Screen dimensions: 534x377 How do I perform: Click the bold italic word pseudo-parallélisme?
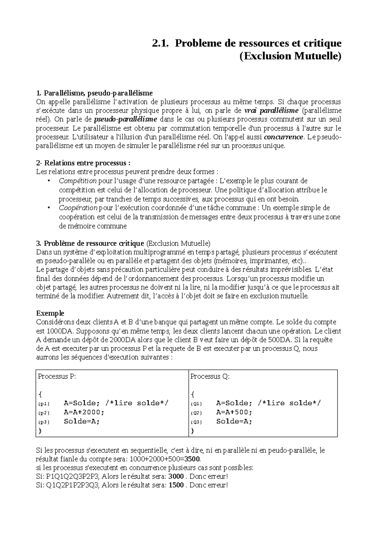pos(126,120)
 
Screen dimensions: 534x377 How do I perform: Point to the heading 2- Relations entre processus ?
pos(83,163)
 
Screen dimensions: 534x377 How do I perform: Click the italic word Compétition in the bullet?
pos(78,181)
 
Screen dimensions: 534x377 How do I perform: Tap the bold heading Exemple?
pos(50,313)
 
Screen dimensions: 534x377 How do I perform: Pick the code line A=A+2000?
pos(84,412)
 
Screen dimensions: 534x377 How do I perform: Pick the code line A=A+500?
pos(234,412)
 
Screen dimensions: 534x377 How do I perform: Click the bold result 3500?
pos(192,459)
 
